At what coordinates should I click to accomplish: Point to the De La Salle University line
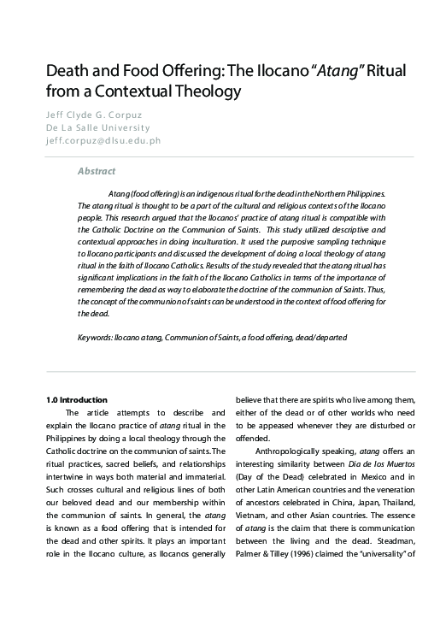pos(91,127)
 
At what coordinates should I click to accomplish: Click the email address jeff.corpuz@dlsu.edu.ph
pos(103,140)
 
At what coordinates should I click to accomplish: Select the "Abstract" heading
pos(96,171)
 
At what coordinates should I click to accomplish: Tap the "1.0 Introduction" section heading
pos(76,399)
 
